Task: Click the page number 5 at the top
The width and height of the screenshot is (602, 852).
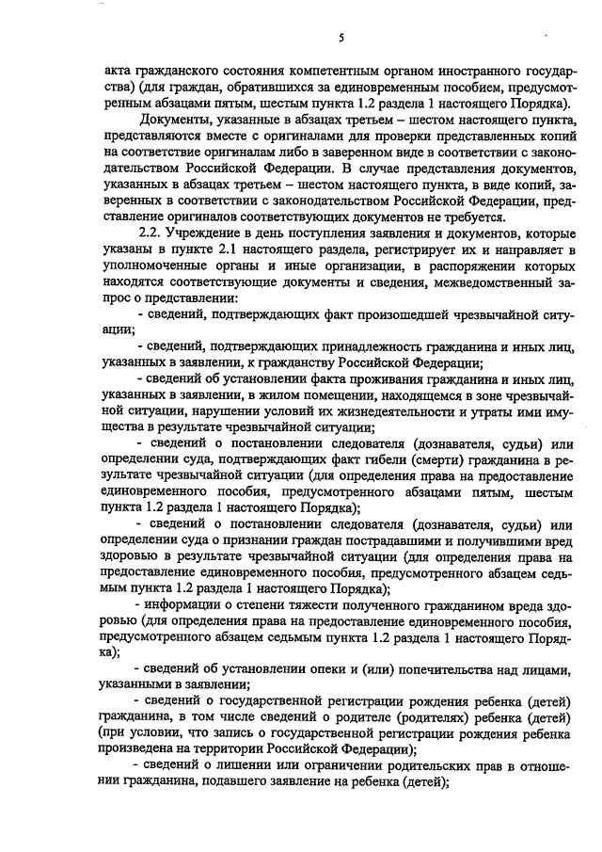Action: point(342,37)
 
